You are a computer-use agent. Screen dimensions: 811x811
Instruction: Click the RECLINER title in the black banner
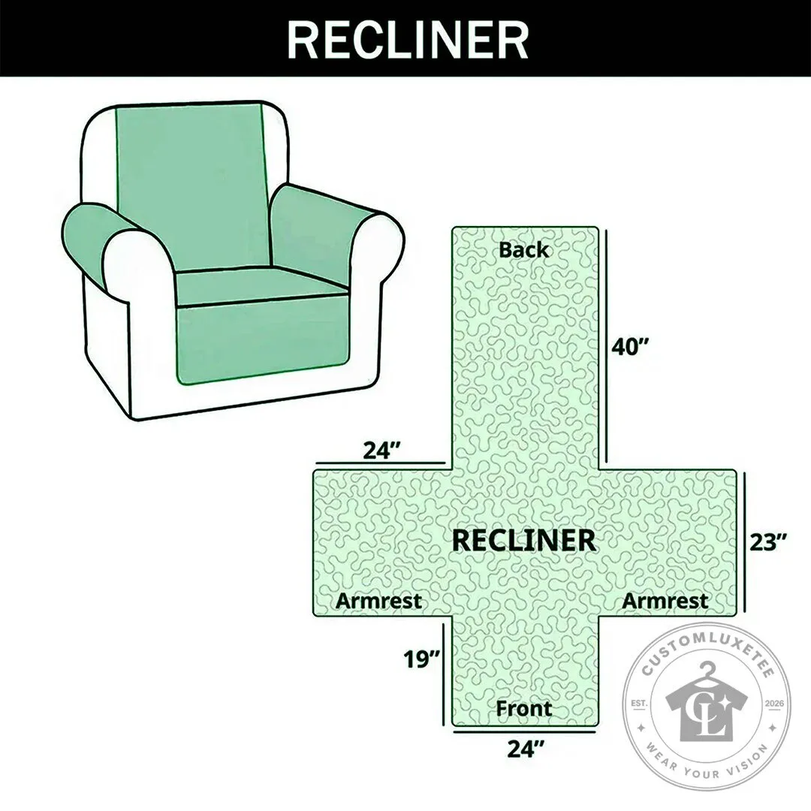coord(408,40)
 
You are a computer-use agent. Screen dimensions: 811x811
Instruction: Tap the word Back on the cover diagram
coord(523,250)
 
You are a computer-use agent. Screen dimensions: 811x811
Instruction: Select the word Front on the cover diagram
coord(523,708)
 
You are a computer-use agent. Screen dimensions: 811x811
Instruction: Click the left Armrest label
coord(378,601)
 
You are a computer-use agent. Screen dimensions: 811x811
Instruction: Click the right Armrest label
coord(665,601)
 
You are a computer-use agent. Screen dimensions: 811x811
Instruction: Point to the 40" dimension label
coord(630,346)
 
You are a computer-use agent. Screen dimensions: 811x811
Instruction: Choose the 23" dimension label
coord(769,543)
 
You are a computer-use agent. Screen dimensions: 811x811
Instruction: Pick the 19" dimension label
coord(421,659)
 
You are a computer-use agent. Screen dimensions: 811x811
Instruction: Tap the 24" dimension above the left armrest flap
coord(382,450)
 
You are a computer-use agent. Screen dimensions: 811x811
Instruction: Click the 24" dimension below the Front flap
coord(526,748)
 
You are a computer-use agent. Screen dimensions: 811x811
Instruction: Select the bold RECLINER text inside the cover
coord(523,541)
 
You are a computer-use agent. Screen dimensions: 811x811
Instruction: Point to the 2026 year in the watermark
coord(773,704)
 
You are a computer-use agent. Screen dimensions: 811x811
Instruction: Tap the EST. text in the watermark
coord(640,704)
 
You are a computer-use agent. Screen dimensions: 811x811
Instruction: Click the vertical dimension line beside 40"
coord(606,346)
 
